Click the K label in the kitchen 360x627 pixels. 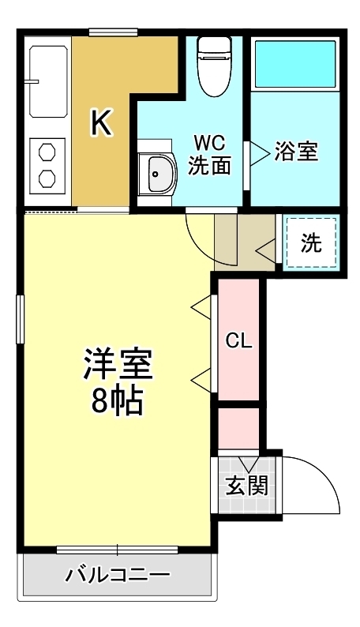100,122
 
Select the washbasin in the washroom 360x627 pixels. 158,171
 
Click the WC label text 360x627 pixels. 210,145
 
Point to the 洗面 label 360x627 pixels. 210,166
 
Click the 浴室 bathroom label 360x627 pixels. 296,152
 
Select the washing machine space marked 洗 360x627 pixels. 312,243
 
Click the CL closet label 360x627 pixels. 238,341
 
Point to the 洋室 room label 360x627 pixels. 118,364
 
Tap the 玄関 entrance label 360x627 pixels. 247,485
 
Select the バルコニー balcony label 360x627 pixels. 118,575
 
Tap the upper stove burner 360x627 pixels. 47,150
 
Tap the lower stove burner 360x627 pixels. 47,178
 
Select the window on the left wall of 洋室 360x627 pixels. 20,318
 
